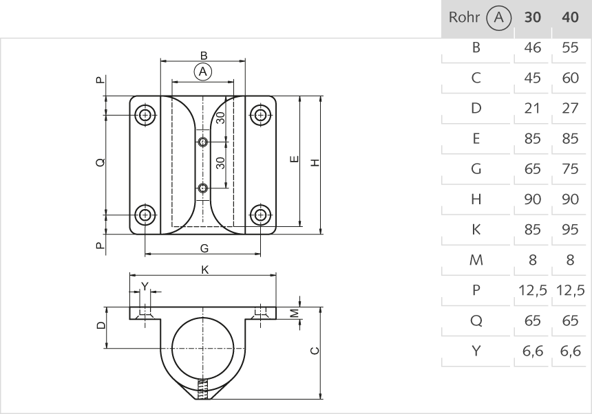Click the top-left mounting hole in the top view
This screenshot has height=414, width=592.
[x=145, y=115]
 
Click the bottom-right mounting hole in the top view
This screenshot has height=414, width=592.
[x=260, y=215]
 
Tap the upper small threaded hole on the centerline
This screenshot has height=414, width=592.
[x=202, y=142]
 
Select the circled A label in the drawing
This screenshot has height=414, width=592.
[x=202, y=71]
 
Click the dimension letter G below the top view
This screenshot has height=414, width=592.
[x=204, y=248]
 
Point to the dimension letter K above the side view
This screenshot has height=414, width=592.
[x=204, y=270]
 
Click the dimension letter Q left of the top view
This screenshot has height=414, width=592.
[x=101, y=163]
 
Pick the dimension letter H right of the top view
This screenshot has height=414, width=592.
[x=315, y=163]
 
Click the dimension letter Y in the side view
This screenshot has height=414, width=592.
[x=144, y=285]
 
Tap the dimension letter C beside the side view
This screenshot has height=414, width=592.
[x=315, y=351]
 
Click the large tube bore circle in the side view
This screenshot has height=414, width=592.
[x=202, y=345]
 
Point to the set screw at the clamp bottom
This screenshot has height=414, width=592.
[x=202, y=389]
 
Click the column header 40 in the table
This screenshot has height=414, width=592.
[x=570, y=18]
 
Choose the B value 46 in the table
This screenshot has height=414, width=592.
[x=532, y=48]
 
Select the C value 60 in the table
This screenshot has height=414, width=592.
[x=570, y=78]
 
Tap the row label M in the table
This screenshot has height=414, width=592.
[x=475, y=261]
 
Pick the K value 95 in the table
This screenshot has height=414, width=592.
[x=570, y=230]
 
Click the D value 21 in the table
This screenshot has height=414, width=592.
[x=532, y=109]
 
